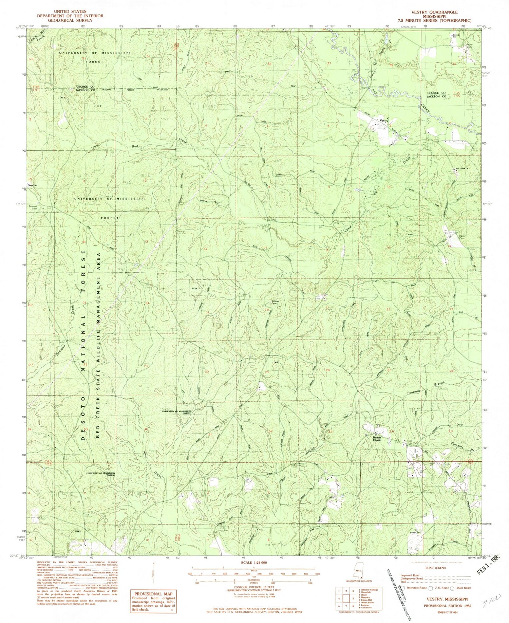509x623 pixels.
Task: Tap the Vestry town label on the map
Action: point(384,121)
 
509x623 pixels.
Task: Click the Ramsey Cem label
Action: point(33,207)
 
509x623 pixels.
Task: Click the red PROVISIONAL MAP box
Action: point(153,601)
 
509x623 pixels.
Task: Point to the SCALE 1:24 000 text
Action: point(254,563)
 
